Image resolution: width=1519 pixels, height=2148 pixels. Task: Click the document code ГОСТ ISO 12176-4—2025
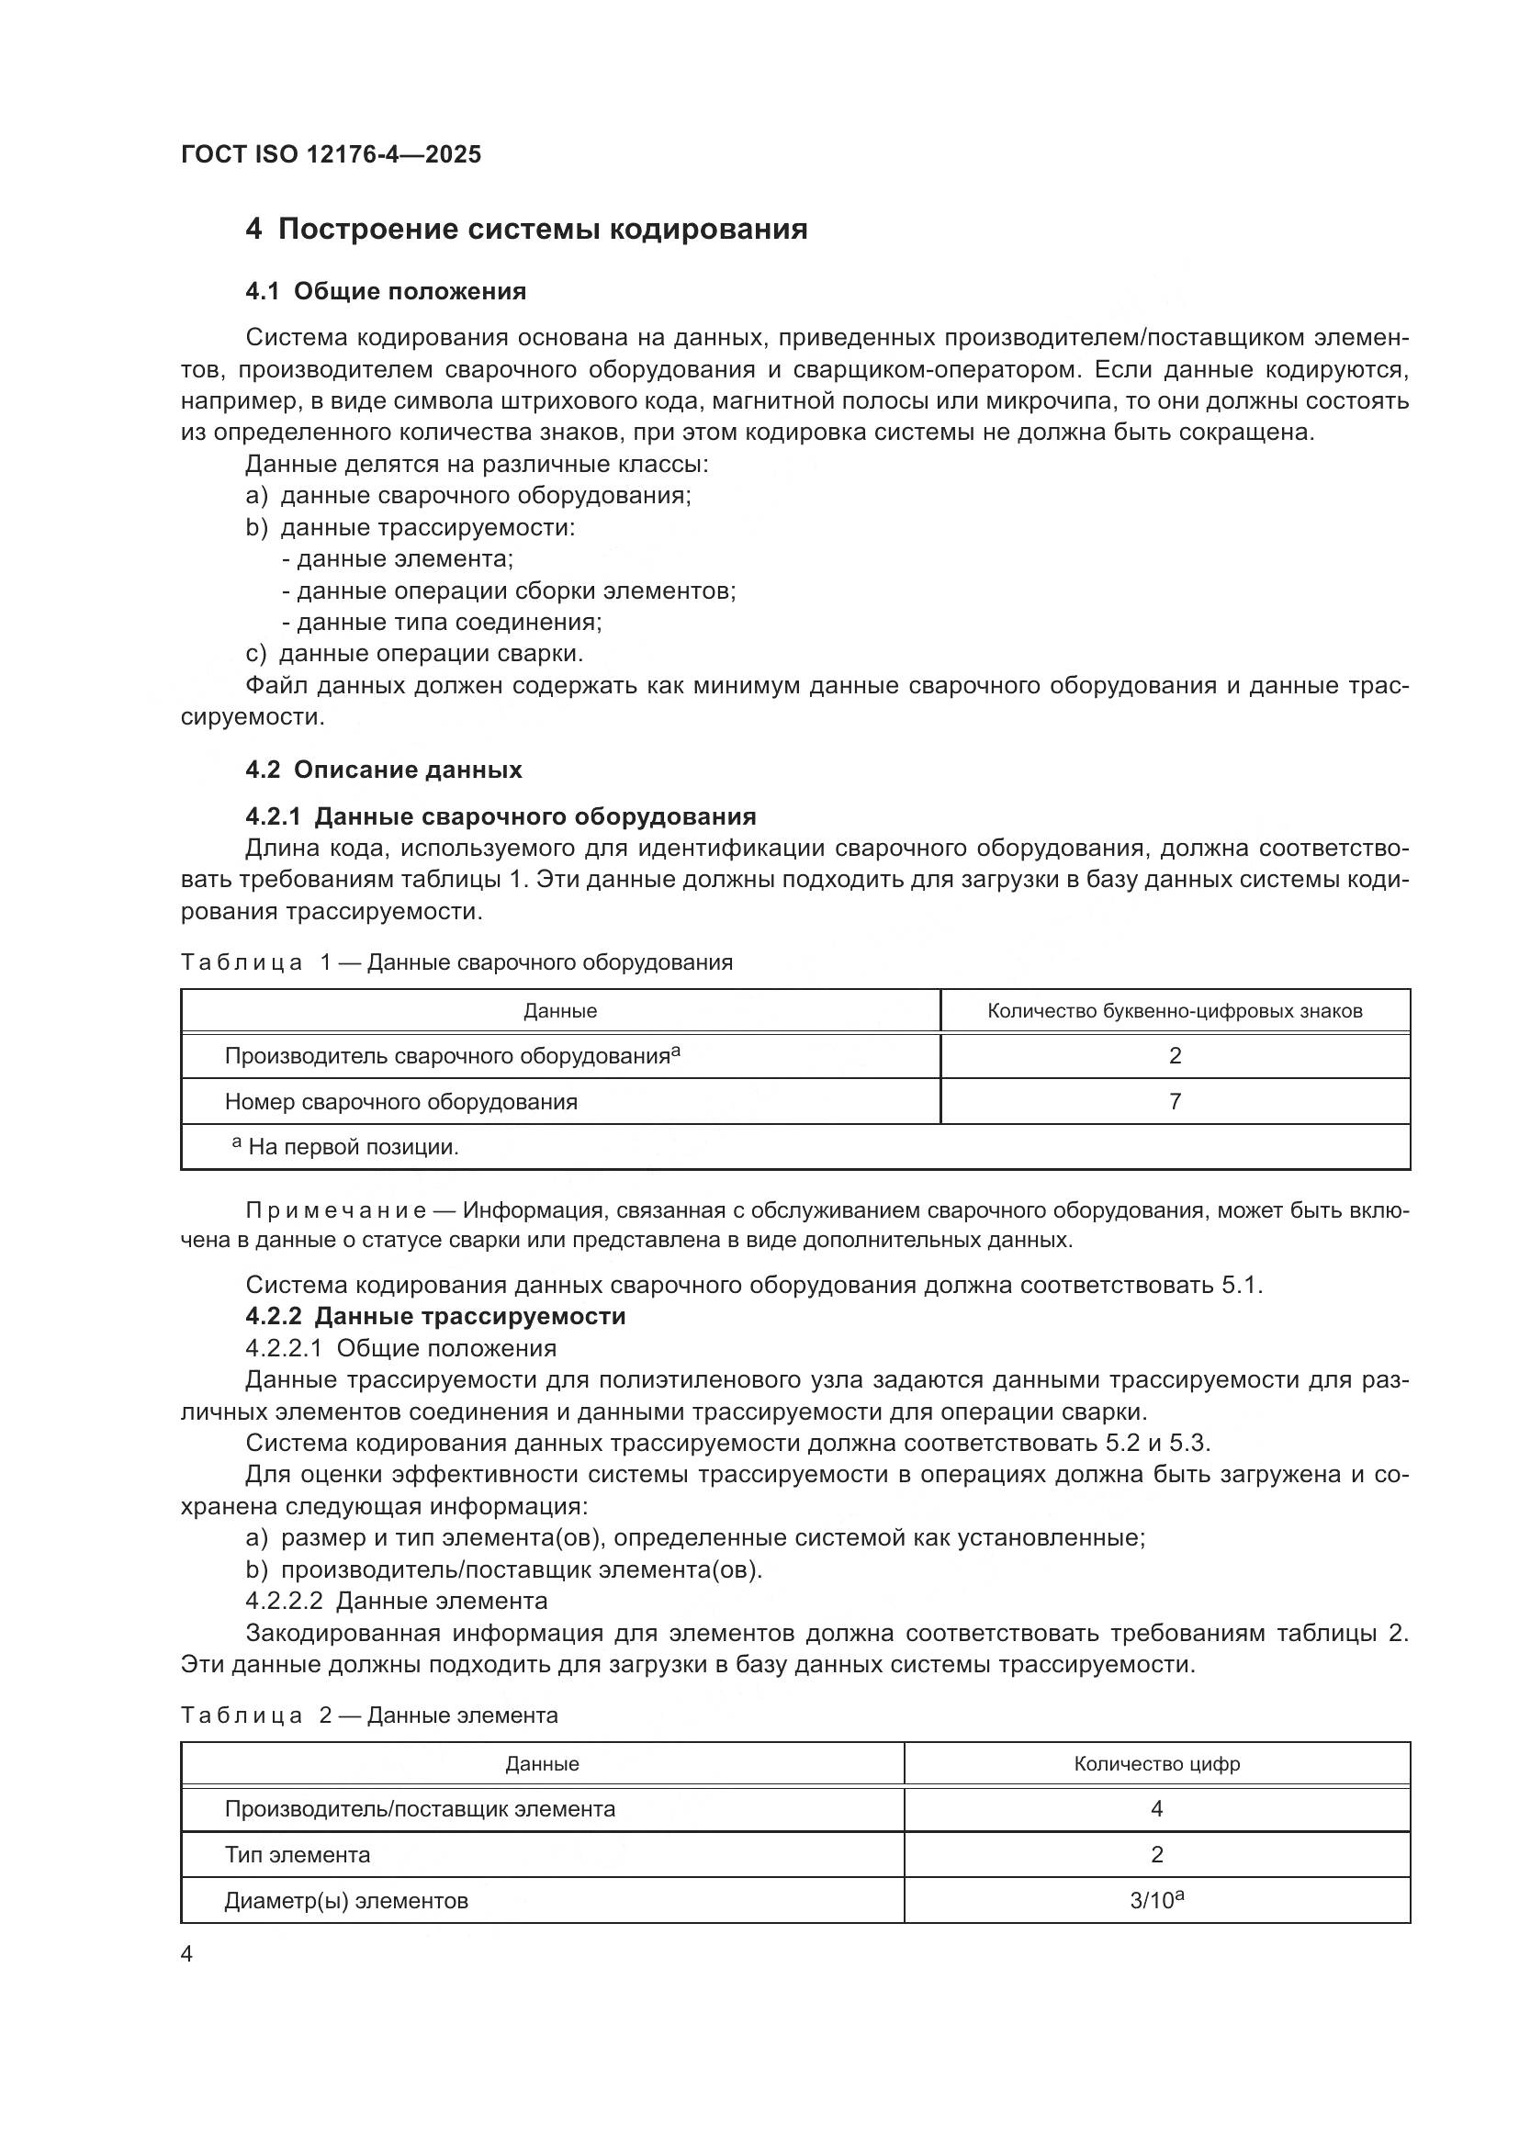point(332,154)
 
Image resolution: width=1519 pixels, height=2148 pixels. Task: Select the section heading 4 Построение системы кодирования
point(525,230)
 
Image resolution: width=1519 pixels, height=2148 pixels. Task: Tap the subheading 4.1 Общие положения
point(386,292)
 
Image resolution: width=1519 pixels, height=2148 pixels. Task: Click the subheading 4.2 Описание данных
point(384,770)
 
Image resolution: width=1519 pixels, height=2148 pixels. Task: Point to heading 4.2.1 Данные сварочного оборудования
point(501,816)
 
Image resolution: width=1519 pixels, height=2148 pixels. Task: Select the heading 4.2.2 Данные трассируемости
point(435,1316)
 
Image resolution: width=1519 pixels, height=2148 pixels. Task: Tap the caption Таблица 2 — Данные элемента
point(369,1715)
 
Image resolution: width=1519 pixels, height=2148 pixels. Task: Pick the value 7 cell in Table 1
point(1175,1101)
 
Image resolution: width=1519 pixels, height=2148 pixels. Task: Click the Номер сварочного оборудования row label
point(400,1102)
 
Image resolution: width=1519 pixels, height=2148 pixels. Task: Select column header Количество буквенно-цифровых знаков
point(1175,1011)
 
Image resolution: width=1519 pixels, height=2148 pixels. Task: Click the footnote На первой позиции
point(353,1147)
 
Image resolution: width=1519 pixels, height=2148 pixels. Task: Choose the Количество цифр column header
point(1157,1764)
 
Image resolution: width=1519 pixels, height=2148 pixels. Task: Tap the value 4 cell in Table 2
point(1157,1809)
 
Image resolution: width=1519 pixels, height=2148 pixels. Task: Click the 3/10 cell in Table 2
point(1157,1901)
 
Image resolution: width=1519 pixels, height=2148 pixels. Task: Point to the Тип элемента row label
point(298,1855)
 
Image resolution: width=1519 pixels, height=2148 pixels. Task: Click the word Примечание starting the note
point(336,1211)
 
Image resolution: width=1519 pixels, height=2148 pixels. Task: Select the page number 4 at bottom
point(186,1954)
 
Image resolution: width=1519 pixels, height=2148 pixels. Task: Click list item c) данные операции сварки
point(414,653)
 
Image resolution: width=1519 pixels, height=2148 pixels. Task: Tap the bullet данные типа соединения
point(443,622)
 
